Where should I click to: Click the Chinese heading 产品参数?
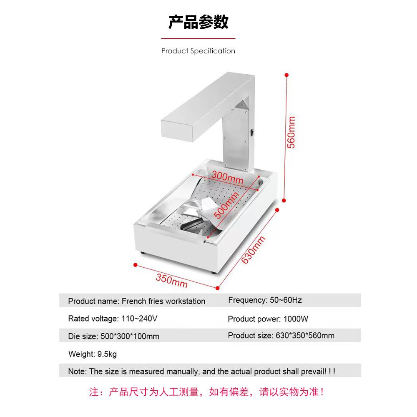pos(198,22)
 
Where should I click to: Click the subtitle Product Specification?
pos(198,51)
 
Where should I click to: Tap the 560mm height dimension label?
pos(291,132)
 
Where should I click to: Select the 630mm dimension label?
pos(254,249)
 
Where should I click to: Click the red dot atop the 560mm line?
pos(286,75)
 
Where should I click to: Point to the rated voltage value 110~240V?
pos(139,319)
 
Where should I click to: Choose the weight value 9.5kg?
pos(107,354)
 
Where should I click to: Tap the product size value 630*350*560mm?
pos(305,335)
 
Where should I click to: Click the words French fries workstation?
pos(163,301)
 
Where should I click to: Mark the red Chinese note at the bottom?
pos(207,392)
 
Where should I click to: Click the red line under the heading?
pos(198,38)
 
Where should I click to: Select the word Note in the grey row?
pos(77,371)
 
